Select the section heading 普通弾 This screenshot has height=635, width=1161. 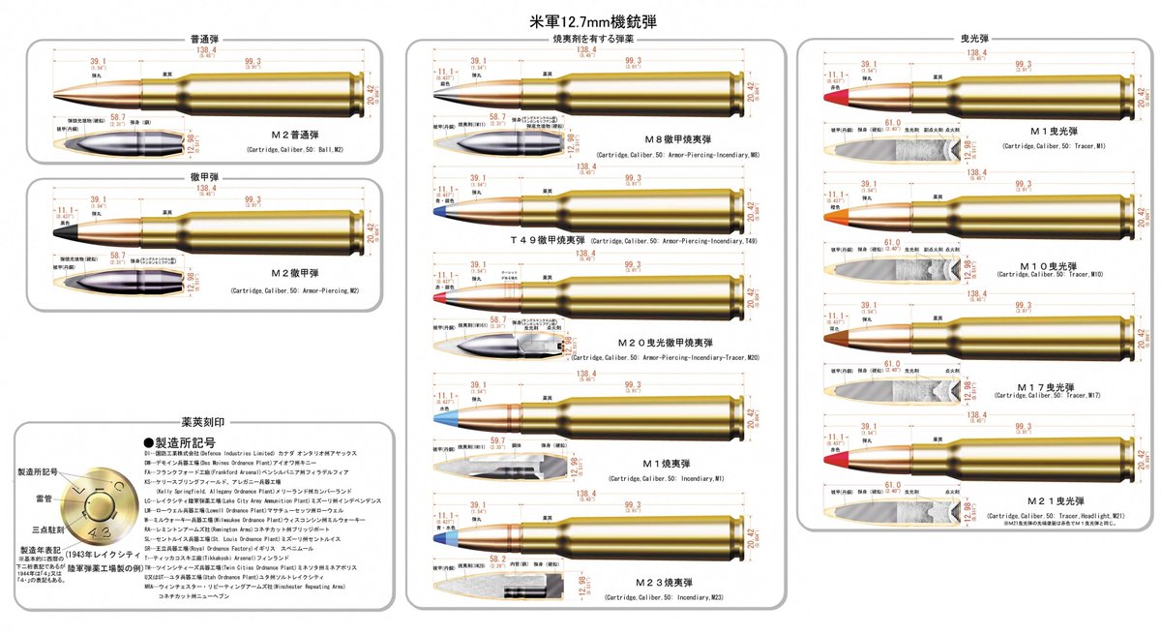pyautogui.click(x=204, y=41)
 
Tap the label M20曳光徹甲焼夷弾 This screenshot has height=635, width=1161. pyautogui.click(x=677, y=343)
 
